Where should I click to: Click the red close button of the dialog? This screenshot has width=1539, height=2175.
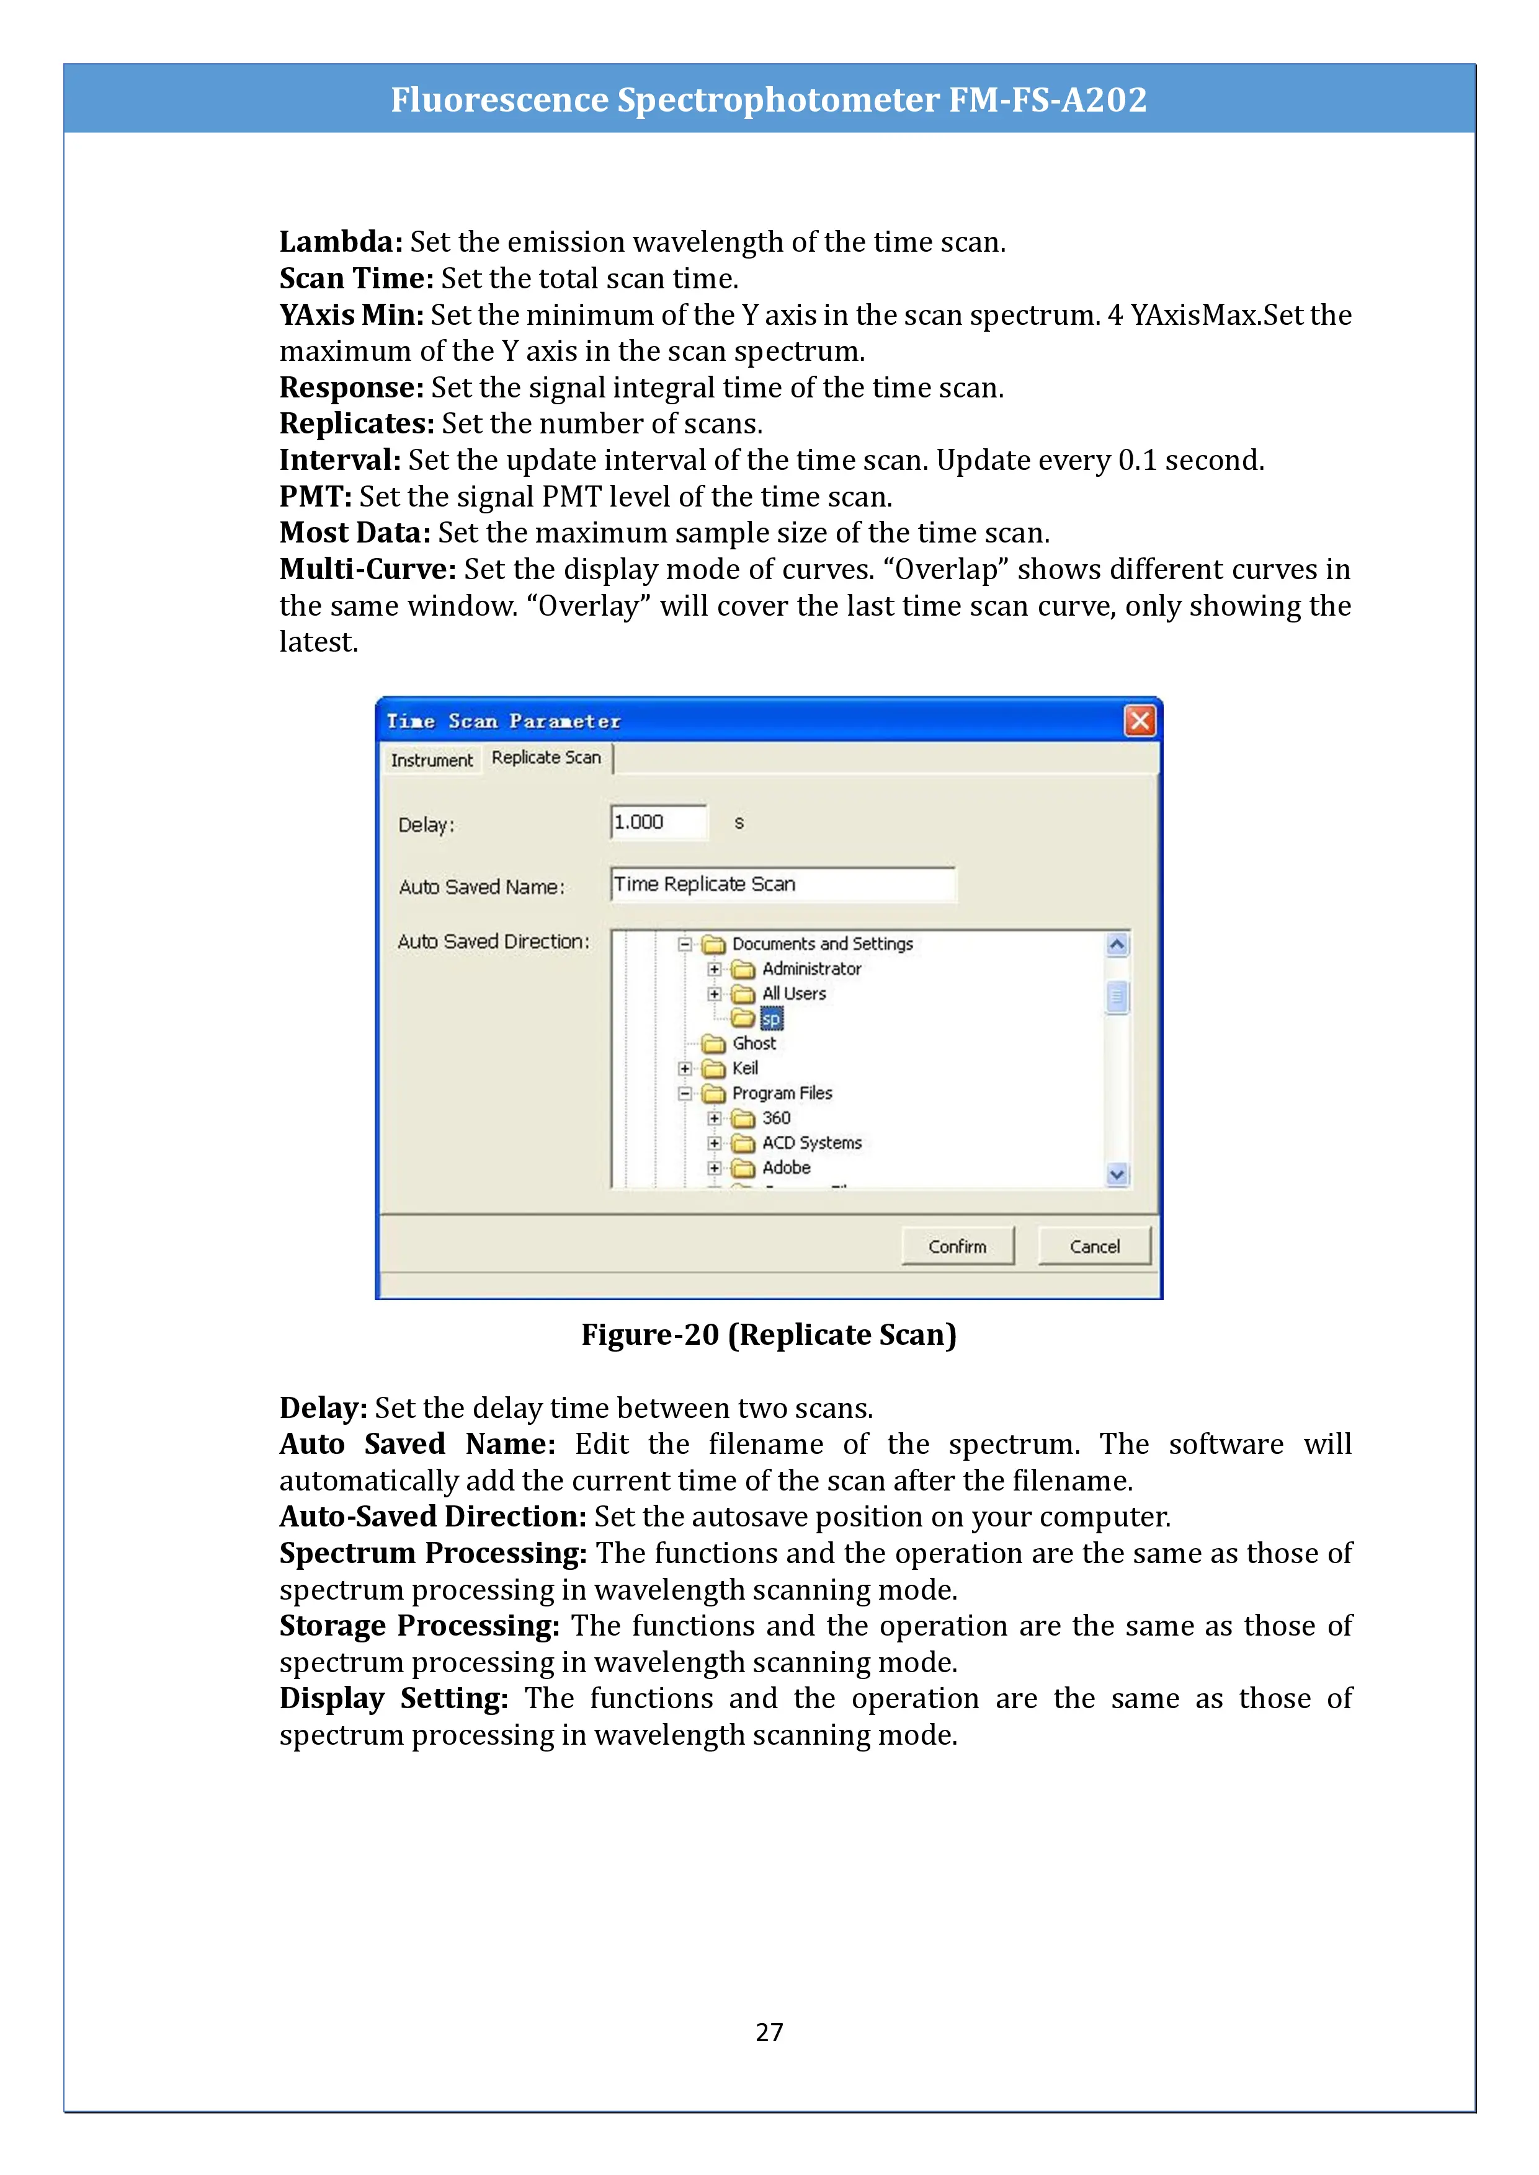pyautogui.click(x=1139, y=721)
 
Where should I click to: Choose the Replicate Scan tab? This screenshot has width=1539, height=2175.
pyautogui.click(x=546, y=758)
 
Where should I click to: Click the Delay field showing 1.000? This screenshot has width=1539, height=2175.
pyautogui.click(x=659, y=822)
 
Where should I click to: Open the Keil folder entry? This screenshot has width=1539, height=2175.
pyautogui.click(x=745, y=1068)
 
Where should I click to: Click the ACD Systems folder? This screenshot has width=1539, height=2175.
pyautogui.click(x=811, y=1143)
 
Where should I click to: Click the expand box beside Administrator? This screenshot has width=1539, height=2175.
pyautogui.click(x=715, y=969)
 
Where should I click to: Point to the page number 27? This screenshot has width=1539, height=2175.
pyautogui.click(x=769, y=2032)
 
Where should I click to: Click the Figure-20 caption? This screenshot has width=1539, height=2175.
pyautogui.click(x=769, y=1335)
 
